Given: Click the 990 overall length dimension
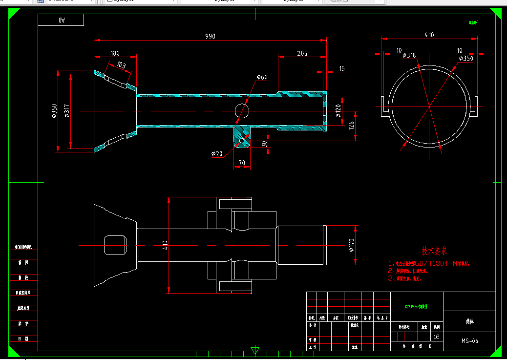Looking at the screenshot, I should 210,36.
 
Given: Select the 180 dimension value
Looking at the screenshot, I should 115,53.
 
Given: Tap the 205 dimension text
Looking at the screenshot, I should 302,53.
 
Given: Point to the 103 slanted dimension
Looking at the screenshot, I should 121,65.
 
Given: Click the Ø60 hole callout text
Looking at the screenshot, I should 262,77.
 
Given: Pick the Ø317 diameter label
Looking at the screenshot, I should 66,111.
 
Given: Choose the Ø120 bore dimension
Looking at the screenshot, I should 338,111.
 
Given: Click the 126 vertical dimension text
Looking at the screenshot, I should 351,126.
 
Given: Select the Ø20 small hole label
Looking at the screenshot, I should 217,154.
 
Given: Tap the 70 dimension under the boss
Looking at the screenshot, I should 241,162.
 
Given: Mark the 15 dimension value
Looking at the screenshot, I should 341,68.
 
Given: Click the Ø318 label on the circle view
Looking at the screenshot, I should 409,55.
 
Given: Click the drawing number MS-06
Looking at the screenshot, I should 469,341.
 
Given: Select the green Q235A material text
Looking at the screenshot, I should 416,307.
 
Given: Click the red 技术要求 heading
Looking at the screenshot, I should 434,252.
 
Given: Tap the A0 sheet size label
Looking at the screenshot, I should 62,20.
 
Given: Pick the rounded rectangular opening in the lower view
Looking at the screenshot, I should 116,244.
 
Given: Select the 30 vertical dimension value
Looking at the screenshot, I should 264,144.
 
